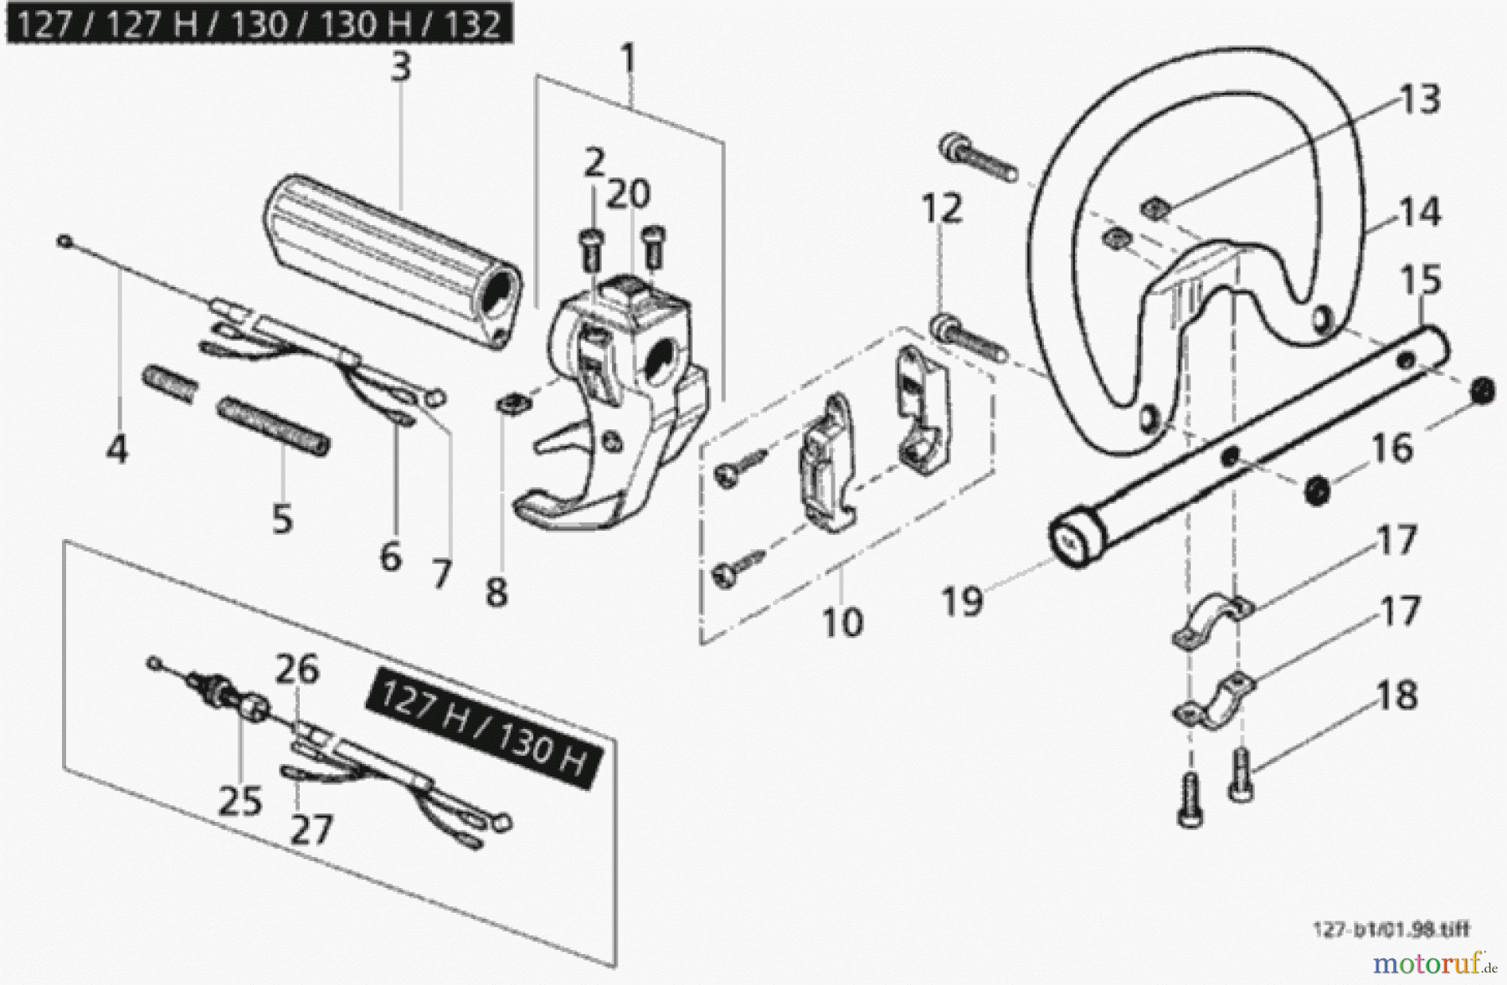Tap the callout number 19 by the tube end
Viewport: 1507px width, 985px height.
962,601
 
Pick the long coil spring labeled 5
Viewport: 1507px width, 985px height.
274,427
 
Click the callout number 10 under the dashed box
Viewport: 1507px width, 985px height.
841,623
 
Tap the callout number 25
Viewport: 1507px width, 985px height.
239,801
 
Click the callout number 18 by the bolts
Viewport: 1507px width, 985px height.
1396,695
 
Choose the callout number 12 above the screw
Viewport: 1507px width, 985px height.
942,208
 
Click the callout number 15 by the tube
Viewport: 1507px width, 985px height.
1421,280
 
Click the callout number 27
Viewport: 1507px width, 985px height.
311,829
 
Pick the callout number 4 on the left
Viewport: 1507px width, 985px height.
117,449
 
